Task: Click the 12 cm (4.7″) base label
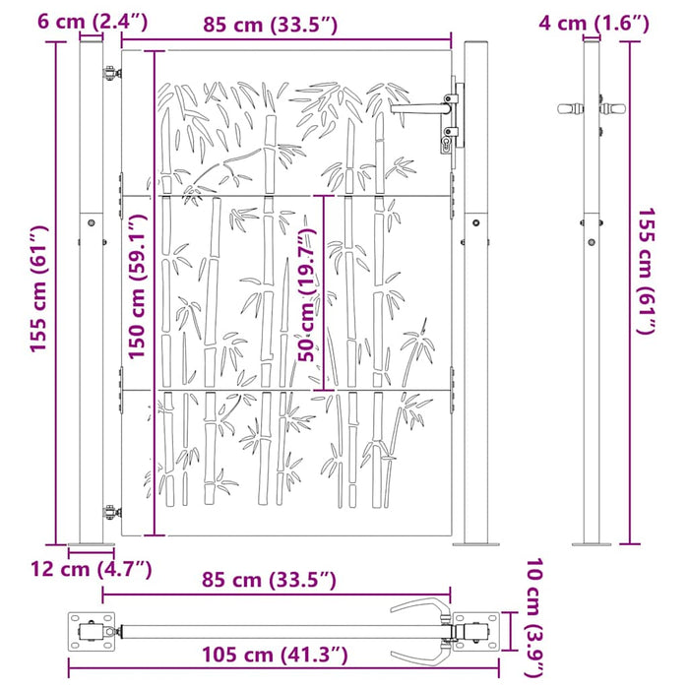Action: (92, 569)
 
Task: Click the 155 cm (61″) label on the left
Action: (38, 292)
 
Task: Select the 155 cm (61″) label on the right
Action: (646, 272)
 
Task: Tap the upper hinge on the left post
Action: (107, 68)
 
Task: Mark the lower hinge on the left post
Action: (109, 511)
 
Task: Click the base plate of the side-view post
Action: (592, 542)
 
